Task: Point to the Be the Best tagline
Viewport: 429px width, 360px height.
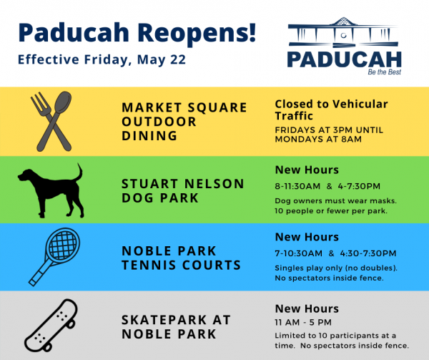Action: point(382,73)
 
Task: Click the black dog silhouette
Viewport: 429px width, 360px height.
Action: point(51,190)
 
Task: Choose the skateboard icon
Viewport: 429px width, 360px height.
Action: point(51,323)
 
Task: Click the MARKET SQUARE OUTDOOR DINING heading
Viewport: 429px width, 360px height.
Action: point(184,122)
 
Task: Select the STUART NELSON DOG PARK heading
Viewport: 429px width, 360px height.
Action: point(182,190)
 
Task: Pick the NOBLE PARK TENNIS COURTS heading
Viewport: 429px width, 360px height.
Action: point(181,258)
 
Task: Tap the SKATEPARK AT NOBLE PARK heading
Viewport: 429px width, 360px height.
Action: point(177,326)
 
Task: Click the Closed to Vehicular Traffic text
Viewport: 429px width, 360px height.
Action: point(331,110)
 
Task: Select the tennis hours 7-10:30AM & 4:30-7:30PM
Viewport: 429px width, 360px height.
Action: point(335,253)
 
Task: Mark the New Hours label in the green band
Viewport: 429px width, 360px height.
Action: point(307,170)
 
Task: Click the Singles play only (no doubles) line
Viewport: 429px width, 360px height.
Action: point(335,267)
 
